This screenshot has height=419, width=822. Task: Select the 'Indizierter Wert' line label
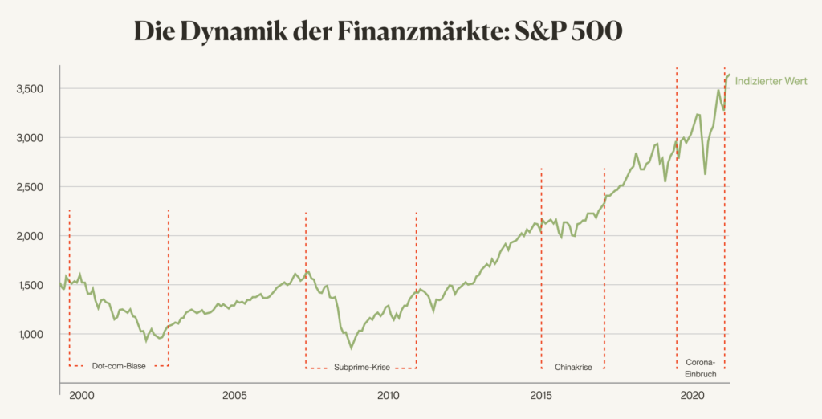[771, 81]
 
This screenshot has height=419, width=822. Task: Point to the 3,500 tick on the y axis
[33, 89]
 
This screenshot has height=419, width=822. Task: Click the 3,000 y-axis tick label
[33, 138]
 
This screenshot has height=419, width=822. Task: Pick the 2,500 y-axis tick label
[33, 187]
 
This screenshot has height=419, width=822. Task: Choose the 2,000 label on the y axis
[33, 236]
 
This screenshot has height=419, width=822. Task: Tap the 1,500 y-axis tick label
[33, 285]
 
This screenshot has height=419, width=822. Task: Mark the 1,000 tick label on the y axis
[33, 334]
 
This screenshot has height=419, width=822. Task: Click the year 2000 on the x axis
[81, 396]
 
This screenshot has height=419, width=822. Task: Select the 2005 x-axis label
[234, 396]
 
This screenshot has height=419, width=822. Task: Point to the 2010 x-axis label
[388, 396]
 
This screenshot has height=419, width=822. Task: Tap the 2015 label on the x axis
[541, 396]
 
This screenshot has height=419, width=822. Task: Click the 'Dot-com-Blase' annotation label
[119, 367]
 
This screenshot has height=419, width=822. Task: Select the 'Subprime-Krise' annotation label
[360, 368]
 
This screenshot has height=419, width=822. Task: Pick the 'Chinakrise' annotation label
[573, 368]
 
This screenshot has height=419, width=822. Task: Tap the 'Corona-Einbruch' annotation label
[701, 368]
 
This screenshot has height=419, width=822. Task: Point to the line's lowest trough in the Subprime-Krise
[351, 348]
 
